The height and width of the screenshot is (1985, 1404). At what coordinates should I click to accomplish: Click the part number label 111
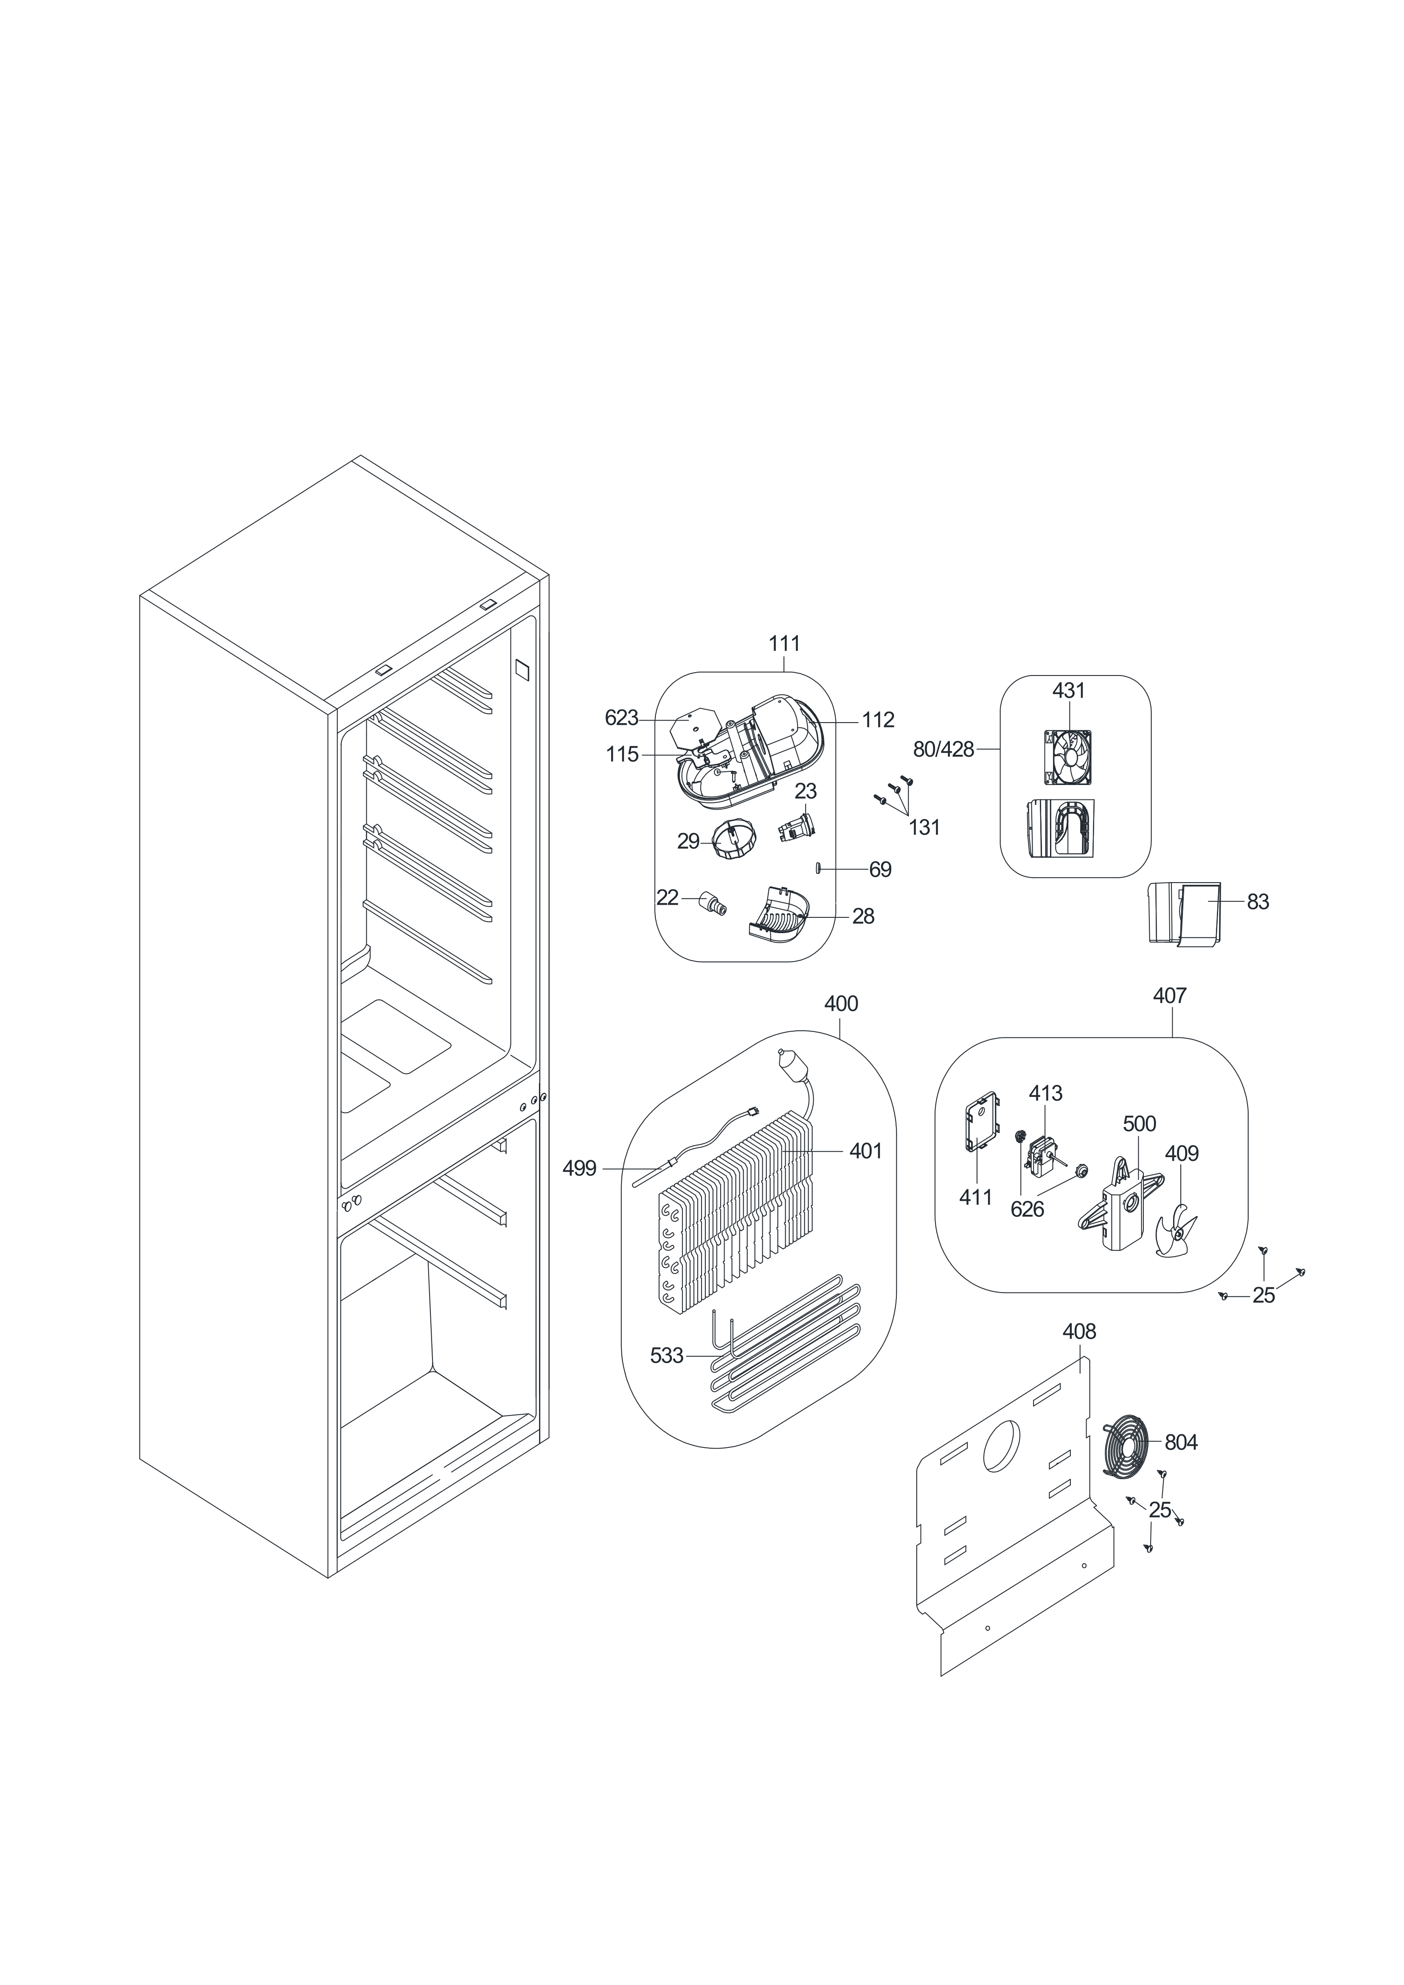click(784, 644)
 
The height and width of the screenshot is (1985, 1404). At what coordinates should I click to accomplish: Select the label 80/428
click(943, 749)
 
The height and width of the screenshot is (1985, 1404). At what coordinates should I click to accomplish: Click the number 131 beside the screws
click(924, 827)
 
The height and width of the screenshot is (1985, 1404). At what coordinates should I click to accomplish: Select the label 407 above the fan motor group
click(1170, 996)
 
